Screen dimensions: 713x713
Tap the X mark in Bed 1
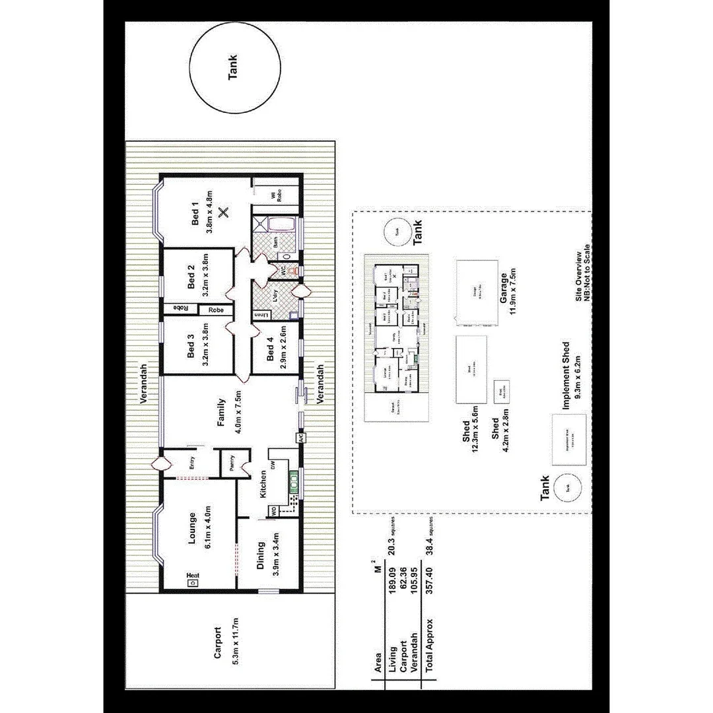224,212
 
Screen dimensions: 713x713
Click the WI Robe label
275,195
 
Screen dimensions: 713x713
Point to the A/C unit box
300,437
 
